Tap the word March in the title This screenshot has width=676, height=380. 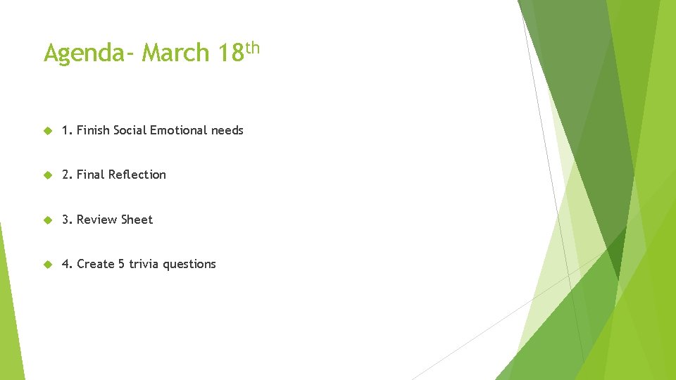175,53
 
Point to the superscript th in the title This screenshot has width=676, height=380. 253,48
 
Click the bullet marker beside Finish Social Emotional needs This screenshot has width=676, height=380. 48,130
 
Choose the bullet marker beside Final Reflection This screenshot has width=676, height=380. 48,175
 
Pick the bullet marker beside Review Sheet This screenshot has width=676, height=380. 48,220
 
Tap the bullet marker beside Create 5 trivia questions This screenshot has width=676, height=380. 48,264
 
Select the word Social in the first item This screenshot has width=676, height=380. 130,130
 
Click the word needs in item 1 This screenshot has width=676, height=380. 227,130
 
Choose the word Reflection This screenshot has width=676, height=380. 137,175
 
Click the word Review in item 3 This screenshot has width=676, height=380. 96,220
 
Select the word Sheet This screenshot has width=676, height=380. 137,220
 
